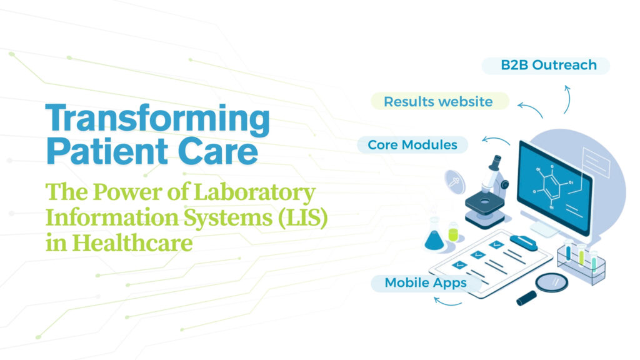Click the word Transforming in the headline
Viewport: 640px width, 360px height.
157,118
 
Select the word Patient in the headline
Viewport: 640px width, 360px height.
107,151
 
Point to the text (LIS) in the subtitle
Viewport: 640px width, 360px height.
303,217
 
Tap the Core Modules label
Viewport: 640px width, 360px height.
412,145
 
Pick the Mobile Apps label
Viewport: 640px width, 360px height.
426,283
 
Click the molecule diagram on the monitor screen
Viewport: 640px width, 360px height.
551,186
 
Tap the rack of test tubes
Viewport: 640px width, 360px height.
581,261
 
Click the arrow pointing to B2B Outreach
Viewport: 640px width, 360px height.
567,99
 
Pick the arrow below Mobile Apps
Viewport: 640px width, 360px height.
447,302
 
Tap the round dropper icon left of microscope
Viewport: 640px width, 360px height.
455,182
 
